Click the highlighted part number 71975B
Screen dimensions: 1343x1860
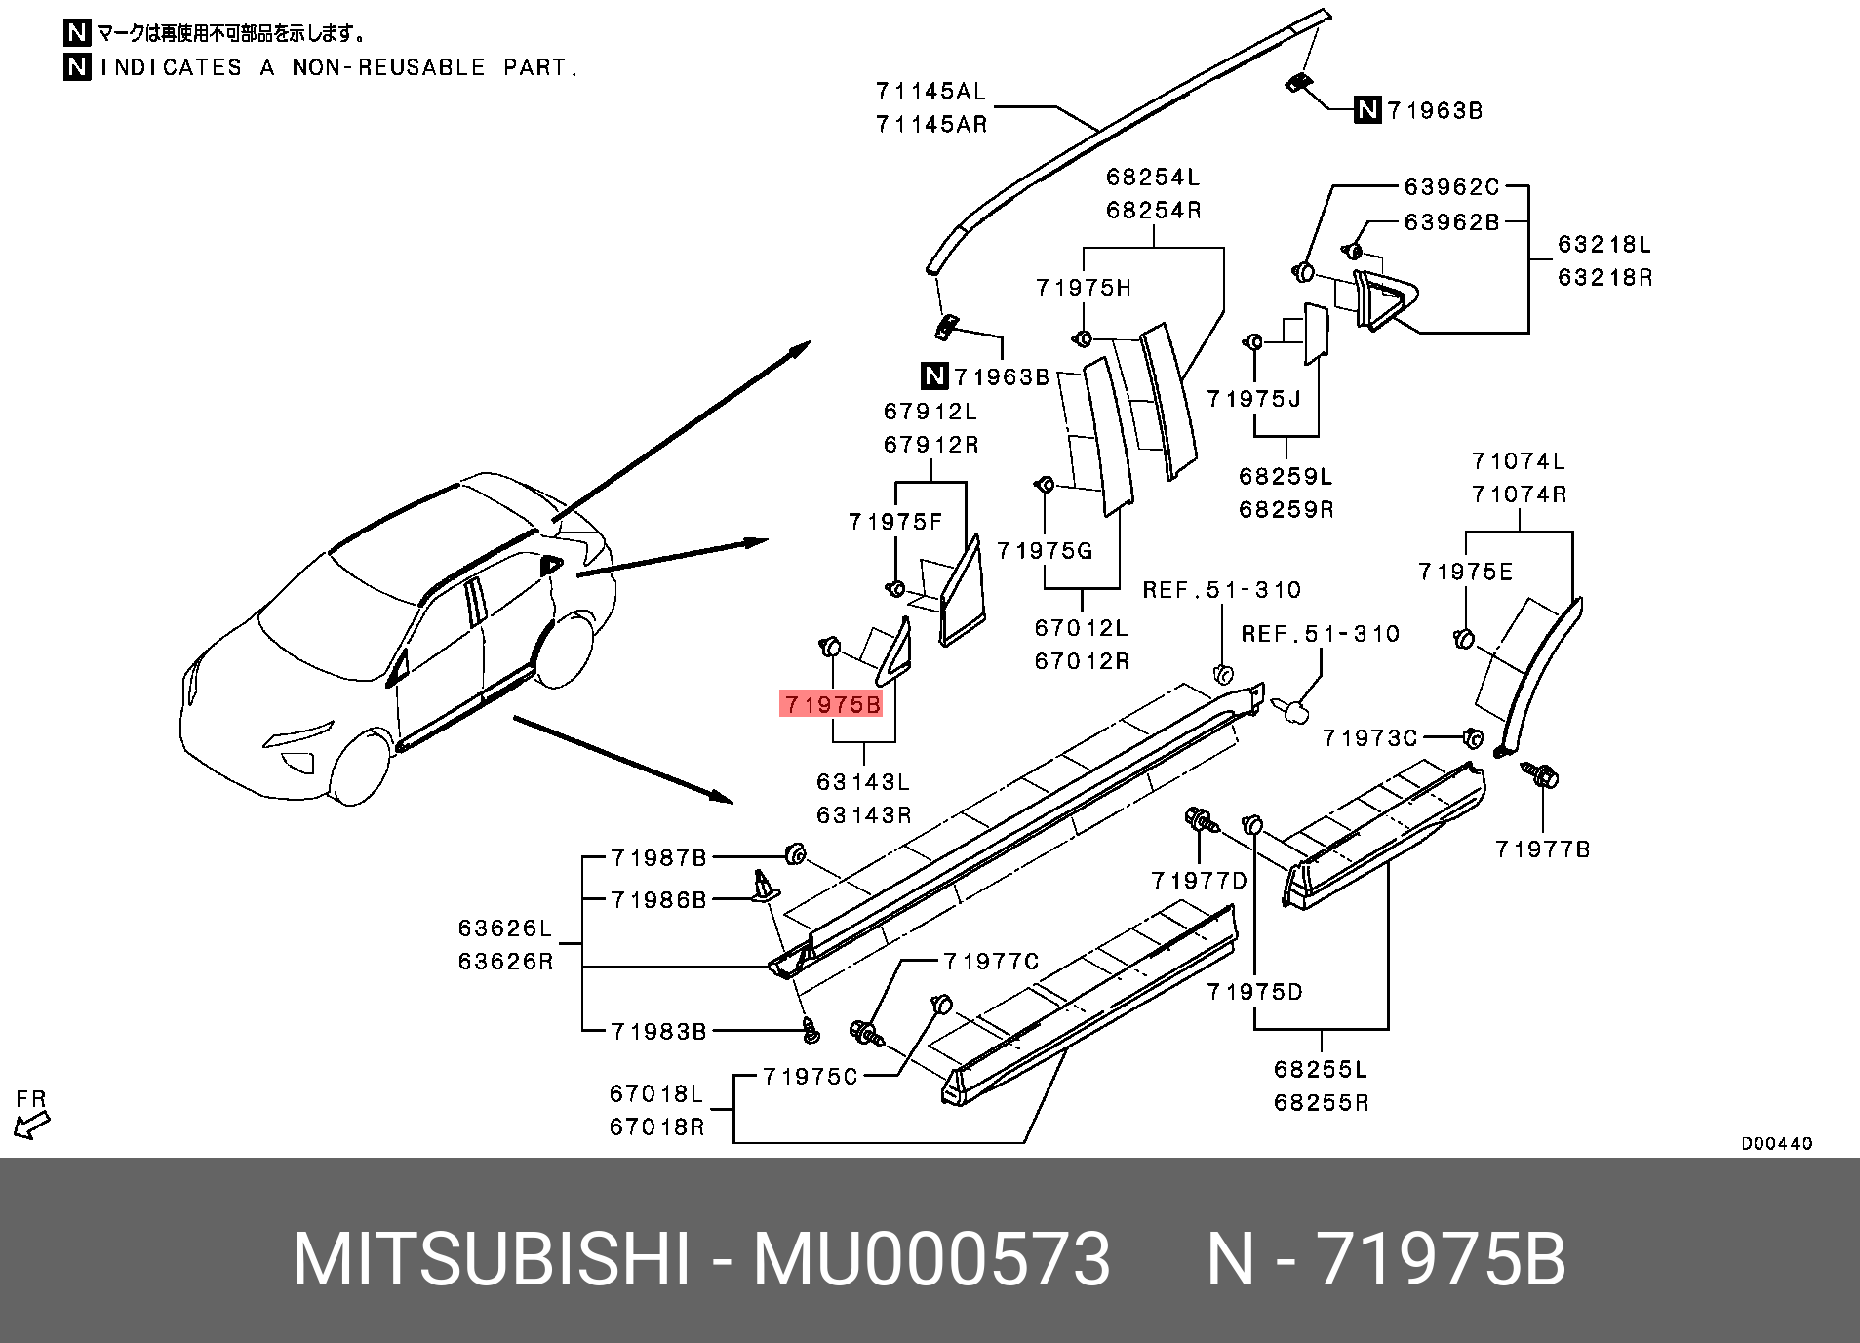coord(832,704)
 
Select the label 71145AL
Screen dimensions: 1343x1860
coord(930,92)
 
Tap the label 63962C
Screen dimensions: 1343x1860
coord(1451,187)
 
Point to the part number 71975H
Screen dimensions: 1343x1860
coord(1084,288)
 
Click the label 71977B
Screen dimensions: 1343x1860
coord(1542,849)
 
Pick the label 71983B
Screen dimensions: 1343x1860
coord(658,1031)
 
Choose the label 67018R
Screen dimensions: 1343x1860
coord(656,1127)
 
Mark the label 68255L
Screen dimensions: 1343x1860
coord(1321,1070)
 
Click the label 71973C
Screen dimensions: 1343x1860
coord(1369,738)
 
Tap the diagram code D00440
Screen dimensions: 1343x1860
coord(1777,1143)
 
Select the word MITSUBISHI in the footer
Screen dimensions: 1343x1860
coord(492,1259)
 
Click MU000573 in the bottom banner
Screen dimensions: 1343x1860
coord(931,1259)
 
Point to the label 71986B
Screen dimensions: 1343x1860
coord(658,899)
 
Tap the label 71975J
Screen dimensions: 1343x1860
coord(1253,399)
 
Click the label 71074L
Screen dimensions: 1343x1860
coord(1519,461)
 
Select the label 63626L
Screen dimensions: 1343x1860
coord(505,928)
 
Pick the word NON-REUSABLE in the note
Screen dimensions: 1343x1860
coord(388,67)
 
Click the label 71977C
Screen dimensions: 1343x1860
coord(991,962)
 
